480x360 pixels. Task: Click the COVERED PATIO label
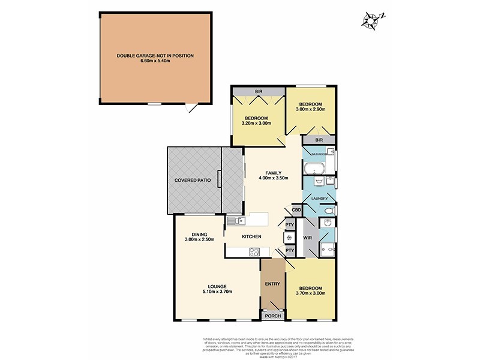(x=191, y=180)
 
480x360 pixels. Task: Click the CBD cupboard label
(x=296, y=210)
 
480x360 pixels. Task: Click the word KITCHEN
(x=251, y=237)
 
